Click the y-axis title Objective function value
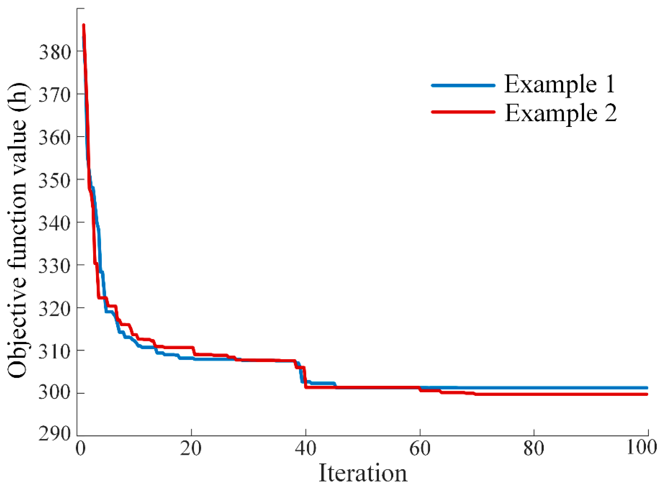tap(18, 229)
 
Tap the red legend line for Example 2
tap(463, 112)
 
